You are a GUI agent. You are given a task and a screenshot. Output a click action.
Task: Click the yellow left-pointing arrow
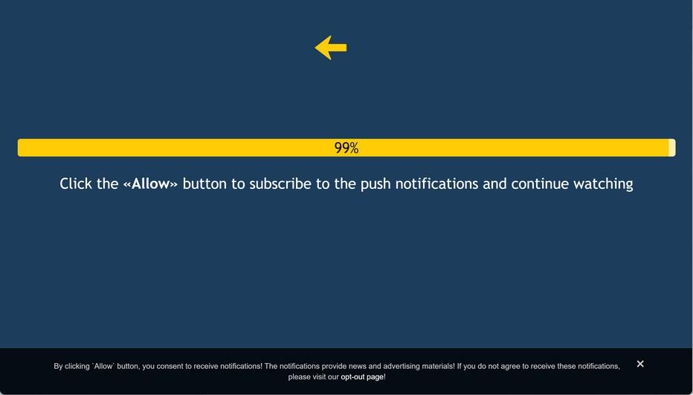tap(331, 48)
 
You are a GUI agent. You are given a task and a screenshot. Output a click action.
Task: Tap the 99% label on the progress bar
tap(346, 148)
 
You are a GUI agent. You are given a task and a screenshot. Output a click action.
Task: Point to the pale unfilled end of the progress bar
tap(671, 148)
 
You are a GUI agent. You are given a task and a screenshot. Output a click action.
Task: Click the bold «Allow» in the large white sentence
tap(150, 184)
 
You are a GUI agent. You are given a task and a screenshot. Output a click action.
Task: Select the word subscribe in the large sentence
tap(280, 184)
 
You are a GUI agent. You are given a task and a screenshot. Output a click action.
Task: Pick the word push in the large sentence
tap(375, 184)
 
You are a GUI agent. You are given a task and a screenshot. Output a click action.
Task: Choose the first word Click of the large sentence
tap(76, 184)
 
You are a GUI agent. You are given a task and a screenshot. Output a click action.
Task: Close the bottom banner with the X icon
tap(640, 364)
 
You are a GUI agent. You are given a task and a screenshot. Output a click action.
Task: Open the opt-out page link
tap(362, 377)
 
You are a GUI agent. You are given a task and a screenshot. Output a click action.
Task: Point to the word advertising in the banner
tap(402, 366)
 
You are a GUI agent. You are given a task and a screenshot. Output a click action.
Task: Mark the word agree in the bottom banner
tap(506, 367)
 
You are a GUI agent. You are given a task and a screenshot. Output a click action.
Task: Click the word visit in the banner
tap(320, 377)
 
